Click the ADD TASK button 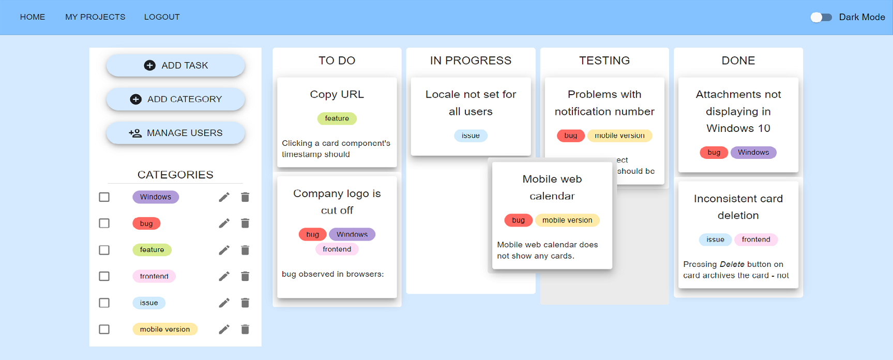175,66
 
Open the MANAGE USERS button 175,133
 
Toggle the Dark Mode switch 821,17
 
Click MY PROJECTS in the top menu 95,17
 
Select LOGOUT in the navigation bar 162,17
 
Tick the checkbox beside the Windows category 104,197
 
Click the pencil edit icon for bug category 224,223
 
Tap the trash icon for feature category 245,250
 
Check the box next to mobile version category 104,329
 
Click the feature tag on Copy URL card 337,118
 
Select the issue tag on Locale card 471,136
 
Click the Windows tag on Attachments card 753,153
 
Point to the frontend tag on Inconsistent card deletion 755,239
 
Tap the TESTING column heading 604,61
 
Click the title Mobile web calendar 552,187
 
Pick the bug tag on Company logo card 312,234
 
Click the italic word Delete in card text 732,264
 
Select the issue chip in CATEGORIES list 149,303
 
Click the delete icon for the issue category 245,303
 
